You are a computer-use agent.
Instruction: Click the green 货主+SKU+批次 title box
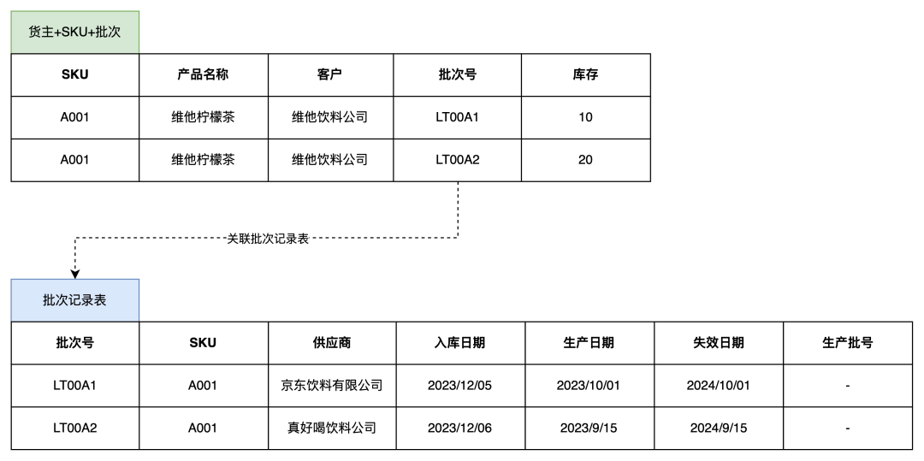click(74, 32)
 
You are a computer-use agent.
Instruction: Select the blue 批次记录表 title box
click(74, 300)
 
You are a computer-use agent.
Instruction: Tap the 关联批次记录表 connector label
click(268, 239)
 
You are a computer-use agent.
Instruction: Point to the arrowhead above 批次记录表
click(74, 275)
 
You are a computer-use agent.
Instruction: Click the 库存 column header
click(586, 74)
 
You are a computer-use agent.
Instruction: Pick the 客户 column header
click(329, 74)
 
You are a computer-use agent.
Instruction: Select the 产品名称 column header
click(203, 74)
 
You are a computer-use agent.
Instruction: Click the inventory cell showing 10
click(586, 117)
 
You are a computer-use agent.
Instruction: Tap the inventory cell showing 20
click(586, 160)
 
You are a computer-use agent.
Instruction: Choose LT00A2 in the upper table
click(457, 160)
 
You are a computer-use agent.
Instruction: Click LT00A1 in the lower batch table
click(74, 386)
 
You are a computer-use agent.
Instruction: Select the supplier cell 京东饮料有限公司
click(332, 386)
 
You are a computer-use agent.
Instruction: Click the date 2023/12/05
click(459, 386)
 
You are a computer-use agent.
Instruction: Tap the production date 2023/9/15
click(588, 428)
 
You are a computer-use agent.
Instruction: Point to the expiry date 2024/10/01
click(719, 386)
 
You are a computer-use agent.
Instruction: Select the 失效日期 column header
click(719, 343)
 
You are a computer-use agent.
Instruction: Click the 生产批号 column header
click(847, 343)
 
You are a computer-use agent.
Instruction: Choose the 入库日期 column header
click(459, 343)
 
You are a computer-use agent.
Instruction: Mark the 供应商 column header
click(332, 343)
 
